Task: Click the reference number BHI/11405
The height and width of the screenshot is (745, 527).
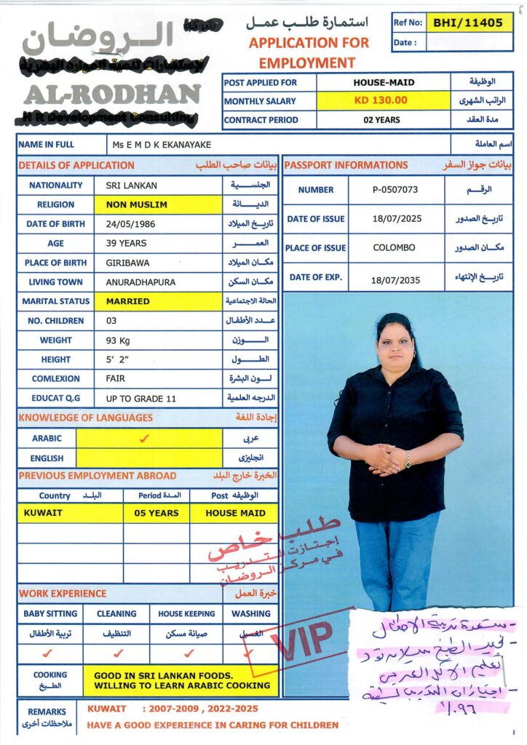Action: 468,23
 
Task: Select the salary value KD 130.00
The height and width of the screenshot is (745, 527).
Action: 381,100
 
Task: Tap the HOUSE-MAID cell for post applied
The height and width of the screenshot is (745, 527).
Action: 381,82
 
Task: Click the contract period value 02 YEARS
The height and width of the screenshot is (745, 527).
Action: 381,120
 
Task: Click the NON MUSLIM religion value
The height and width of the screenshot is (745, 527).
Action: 137,205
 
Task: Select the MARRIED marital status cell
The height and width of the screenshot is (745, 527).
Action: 128,301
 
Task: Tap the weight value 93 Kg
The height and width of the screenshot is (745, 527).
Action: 121,340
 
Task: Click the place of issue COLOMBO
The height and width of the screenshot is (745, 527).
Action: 394,247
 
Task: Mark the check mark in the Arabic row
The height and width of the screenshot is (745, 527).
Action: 144,439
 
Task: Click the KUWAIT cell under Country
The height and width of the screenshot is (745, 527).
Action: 43,513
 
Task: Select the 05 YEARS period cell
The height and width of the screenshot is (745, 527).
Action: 156,513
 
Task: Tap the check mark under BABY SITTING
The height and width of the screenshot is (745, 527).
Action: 48,653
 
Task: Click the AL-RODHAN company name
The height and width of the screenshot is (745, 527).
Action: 112,94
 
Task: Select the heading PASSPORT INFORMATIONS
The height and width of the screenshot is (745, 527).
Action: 346,165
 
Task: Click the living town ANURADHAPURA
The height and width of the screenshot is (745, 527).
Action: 140,282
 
